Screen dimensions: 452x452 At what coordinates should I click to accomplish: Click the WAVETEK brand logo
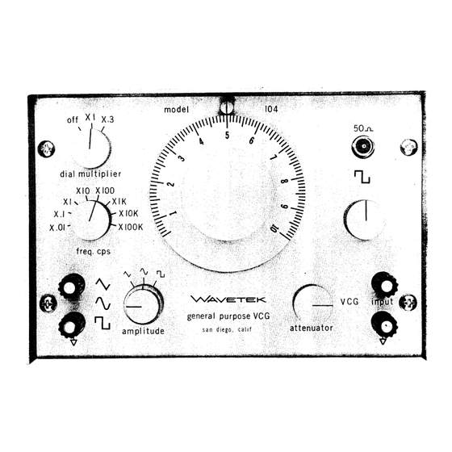click(228, 299)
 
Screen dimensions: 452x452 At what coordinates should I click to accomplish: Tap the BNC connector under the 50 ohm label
click(363, 147)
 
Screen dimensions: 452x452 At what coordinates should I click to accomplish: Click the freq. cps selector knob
click(90, 220)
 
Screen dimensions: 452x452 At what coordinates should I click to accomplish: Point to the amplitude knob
click(144, 304)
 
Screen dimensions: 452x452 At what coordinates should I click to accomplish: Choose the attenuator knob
click(313, 304)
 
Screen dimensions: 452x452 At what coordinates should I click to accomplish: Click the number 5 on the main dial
click(227, 136)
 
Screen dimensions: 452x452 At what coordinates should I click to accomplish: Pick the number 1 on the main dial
click(174, 214)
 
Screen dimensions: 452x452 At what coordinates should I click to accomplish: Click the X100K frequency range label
click(131, 227)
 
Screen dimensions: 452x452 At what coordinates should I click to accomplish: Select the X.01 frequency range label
click(57, 228)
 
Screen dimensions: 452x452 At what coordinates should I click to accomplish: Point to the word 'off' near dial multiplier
click(73, 119)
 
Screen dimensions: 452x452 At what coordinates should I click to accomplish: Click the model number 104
click(271, 109)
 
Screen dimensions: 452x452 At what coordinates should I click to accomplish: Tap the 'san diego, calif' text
click(227, 329)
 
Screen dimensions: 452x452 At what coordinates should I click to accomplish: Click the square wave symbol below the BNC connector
click(362, 177)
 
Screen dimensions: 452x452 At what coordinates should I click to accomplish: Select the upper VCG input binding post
click(384, 286)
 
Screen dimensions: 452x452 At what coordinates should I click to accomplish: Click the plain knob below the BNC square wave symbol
click(365, 220)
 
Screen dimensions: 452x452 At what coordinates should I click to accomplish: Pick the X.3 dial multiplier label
click(108, 119)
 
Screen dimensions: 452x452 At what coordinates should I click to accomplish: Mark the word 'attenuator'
click(312, 328)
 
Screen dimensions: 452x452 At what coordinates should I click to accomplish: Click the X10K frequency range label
click(128, 214)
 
